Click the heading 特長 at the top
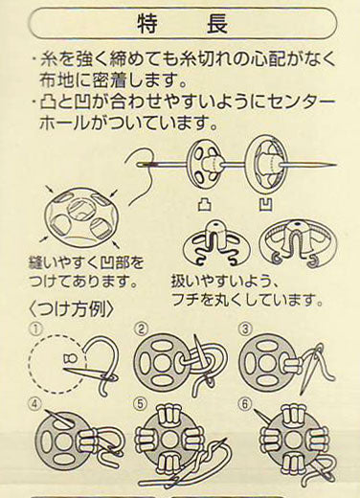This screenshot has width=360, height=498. pyautogui.click(x=183, y=24)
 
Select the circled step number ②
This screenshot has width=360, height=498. pyautogui.click(x=140, y=328)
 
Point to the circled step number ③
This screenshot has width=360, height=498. pyautogui.click(x=245, y=328)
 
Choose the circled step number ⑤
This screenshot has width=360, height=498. pyautogui.click(x=141, y=404)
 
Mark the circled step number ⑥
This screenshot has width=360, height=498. pyautogui.click(x=244, y=404)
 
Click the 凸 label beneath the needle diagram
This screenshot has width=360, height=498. pyautogui.click(x=205, y=204)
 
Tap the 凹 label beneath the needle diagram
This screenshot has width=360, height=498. pyautogui.click(x=265, y=204)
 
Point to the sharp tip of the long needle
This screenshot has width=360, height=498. pyautogui.click(x=336, y=165)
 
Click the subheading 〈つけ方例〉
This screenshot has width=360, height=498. pyautogui.click(x=71, y=309)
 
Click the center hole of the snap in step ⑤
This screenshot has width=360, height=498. pyautogui.click(x=169, y=440)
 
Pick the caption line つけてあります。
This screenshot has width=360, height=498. pyautogui.click(x=83, y=282)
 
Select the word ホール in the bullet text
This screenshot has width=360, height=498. pyautogui.click(x=62, y=122)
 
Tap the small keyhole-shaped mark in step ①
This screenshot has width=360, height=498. pyautogui.click(x=71, y=359)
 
